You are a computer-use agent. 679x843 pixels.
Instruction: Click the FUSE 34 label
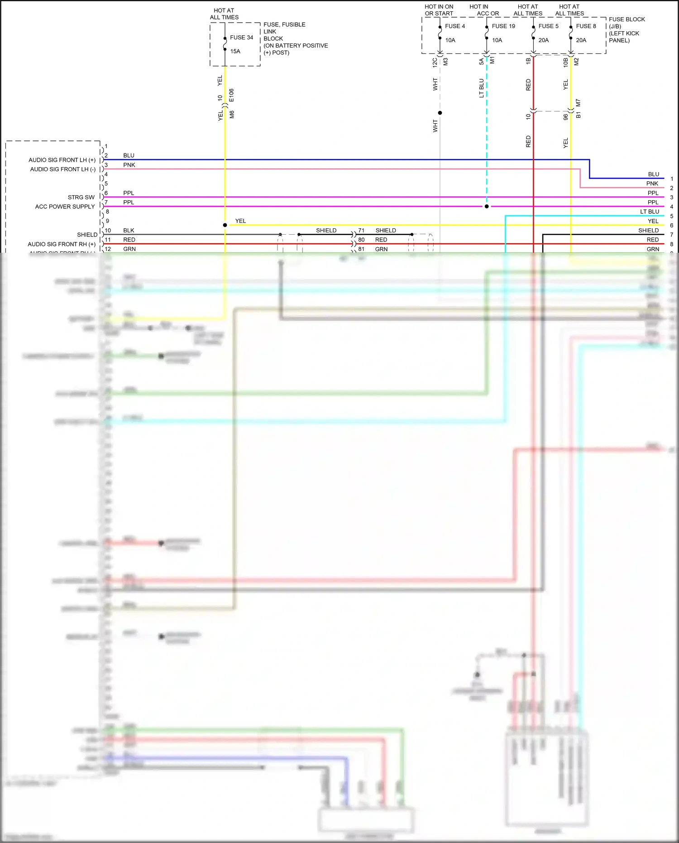241,38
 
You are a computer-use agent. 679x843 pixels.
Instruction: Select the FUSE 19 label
503,26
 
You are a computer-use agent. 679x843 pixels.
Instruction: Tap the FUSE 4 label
455,26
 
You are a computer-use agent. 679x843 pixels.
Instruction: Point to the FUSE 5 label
548,26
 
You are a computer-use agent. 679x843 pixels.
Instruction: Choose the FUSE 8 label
586,26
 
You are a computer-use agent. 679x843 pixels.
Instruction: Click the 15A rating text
235,51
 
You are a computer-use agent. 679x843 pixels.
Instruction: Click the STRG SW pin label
81,198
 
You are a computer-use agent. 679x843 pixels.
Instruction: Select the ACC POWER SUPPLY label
65,207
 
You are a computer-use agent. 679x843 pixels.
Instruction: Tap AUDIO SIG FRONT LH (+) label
62,160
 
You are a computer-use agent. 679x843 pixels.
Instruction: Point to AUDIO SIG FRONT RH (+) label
62,244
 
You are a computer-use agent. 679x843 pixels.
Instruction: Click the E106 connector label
231,95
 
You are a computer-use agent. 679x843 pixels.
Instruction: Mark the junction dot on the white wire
440,113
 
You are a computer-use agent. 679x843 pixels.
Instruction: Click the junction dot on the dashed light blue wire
487,207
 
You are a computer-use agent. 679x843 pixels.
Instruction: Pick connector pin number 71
361,231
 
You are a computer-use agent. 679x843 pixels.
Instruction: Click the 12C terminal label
435,63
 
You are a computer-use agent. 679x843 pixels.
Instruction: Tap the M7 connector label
578,103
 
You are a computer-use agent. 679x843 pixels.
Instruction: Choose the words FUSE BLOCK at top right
626,19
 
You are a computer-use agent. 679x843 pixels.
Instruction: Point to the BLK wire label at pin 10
129,231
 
